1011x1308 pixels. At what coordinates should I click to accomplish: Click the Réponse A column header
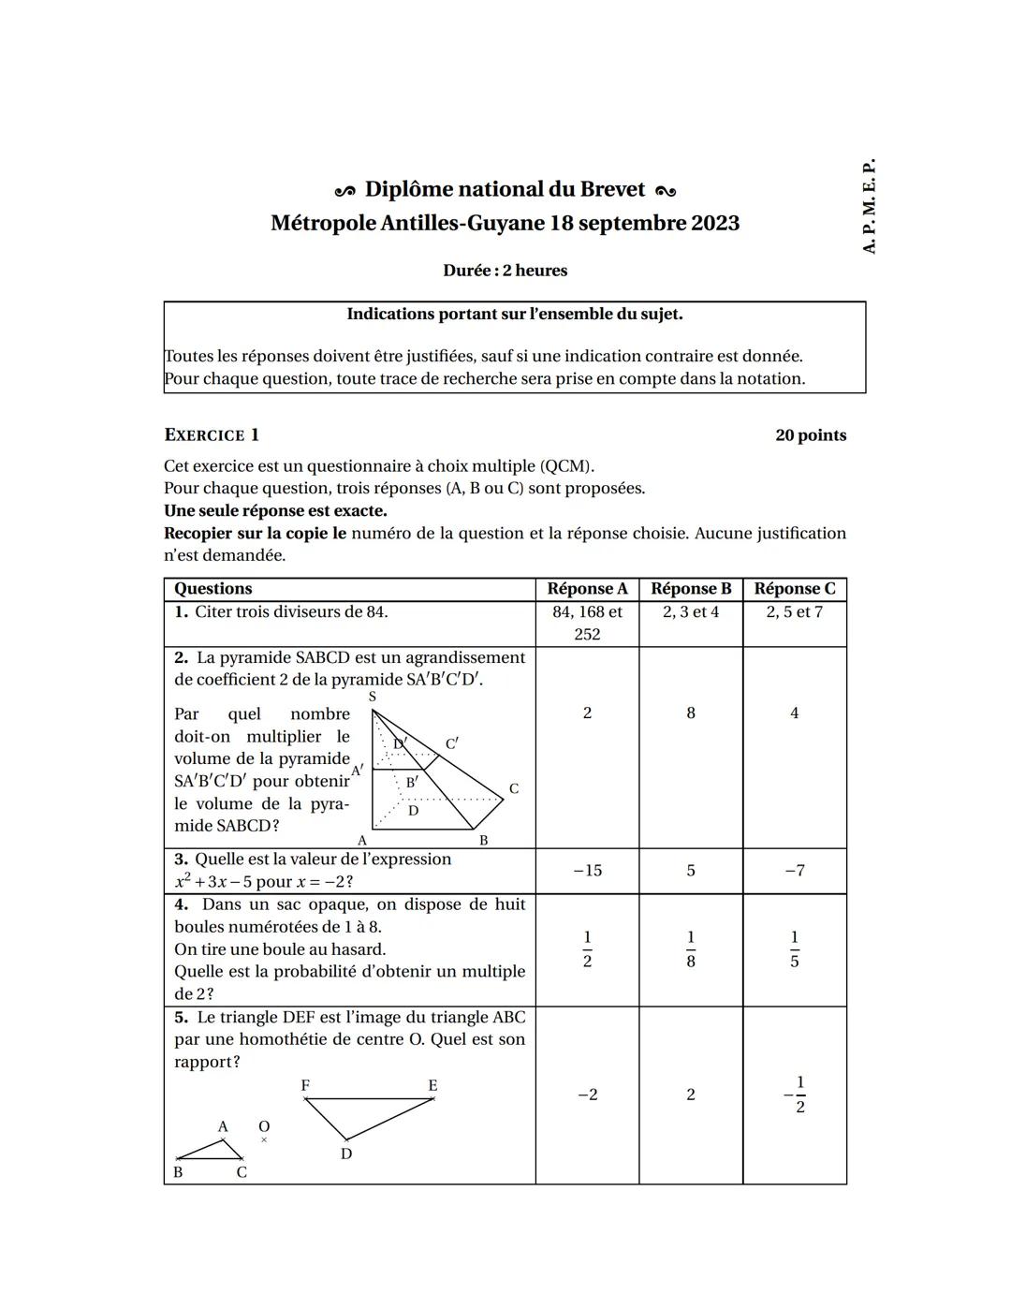pyautogui.click(x=587, y=589)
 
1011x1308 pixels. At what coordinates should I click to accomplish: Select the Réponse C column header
pyautogui.click(x=794, y=589)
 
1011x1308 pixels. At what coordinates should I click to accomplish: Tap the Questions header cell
pyautogui.click(x=213, y=589)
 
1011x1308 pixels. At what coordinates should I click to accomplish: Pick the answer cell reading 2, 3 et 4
pyautogui.click(x=691, y=612)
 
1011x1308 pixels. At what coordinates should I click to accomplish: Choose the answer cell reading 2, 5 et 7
pyautogui.click(x=794, y=612)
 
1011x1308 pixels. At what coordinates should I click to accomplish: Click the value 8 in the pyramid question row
pyautogui.click(x=691, y=713)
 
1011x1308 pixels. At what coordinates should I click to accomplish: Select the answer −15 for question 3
pyautogui.click(x=587, y=871)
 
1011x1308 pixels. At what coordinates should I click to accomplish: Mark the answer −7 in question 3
pyautogui.click(x=794, y=871)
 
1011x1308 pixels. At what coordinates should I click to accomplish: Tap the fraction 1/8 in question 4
pyautogui.click(x=691, y=949)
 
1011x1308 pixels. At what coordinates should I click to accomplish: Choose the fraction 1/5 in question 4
pyautogui.click(x=794, y=949)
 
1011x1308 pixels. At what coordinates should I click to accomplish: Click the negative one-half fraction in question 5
pyautogui.click(x=796, y=1095)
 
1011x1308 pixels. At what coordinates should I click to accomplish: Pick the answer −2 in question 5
pyautogui.click(x=587, y=1095)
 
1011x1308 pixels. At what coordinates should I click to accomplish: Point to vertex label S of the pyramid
pyautogui.click(x=373, y=697)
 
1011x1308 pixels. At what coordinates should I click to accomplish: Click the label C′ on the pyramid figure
pyautogui.click(x=452, y=743)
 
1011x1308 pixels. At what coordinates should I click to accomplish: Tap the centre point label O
pyautogui.click(x=264, y=1126)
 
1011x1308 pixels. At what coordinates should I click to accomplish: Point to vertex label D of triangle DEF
pyautogui.click(x=346, y=1154)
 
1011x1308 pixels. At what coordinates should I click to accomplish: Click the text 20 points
pyautogui.click(x=811, y=435)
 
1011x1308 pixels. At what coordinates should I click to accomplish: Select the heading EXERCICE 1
pyautogui.click(x=212, y=435)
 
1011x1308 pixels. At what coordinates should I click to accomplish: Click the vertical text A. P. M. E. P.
pyautogui.click(x=869, y=206)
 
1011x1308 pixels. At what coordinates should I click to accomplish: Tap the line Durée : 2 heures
pyautogui.click(x=505, y=271)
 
